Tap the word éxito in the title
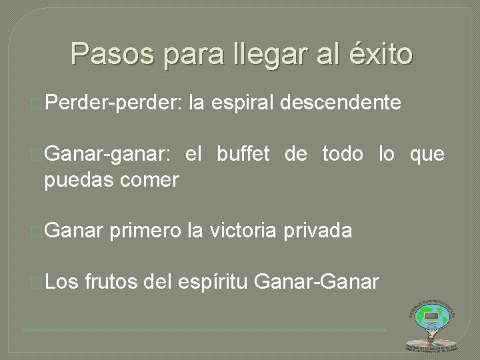[x=379, y=54]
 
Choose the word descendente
[x=341, y=103]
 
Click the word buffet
[x=243, y=155]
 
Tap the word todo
[x=343, y=155]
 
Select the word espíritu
[x=214, y=283]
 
